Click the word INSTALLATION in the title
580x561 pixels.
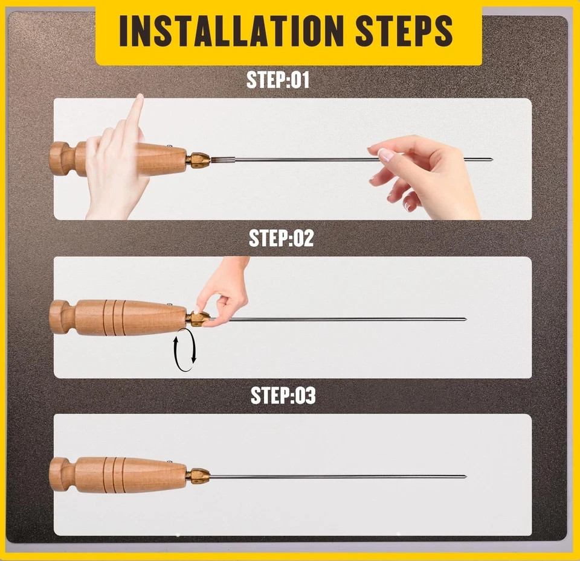pos(228,31)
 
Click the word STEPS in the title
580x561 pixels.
pos(404,31)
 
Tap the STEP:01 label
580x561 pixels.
pos(278,80)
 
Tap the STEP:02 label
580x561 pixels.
pos(281,238)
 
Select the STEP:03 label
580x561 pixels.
pos(283,396)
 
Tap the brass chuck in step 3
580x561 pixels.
pos(198,475)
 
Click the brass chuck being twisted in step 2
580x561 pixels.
pos(198,319)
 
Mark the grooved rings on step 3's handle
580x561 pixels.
pos(114,475)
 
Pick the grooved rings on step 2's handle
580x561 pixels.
pos(114,318)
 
